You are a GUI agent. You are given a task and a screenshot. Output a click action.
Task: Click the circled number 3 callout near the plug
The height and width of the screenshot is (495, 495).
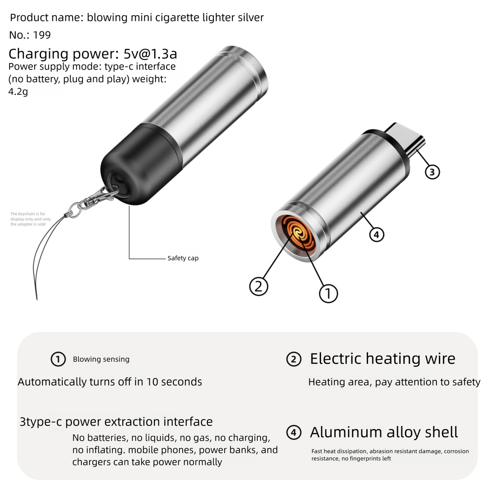point(432,172)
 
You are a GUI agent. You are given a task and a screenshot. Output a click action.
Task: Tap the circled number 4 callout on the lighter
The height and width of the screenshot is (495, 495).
point(376,235)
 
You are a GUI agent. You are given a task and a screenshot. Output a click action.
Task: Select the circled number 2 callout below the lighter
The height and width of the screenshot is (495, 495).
point(259,286)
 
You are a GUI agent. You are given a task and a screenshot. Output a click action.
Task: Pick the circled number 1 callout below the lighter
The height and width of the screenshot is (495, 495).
point(328,293)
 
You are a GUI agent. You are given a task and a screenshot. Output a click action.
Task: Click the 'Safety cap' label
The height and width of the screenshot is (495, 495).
point(183,258)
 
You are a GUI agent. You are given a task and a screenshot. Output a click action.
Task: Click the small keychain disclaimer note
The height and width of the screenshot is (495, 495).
point(30,219)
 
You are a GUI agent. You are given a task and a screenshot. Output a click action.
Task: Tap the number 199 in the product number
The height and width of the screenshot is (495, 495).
point(42,35)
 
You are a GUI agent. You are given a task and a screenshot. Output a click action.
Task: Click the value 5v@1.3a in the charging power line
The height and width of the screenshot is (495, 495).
point(150,54)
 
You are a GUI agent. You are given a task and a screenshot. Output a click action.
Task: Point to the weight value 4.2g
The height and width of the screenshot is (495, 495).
point(18,92)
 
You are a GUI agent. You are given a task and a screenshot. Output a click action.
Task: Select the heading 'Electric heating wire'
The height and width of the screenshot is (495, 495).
point(382,359)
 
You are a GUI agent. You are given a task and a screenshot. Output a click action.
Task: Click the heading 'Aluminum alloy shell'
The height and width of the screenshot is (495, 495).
point(384,432)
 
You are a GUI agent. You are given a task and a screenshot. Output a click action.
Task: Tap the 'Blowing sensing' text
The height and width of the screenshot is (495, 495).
point(101,359)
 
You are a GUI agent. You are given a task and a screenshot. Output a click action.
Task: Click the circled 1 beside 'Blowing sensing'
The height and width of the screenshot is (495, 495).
point(58,359)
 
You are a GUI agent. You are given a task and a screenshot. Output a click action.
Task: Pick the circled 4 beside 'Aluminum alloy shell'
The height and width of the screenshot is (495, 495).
point(293,433)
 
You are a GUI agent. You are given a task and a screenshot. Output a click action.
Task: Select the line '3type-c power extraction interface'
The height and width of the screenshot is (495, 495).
point(116,422)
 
